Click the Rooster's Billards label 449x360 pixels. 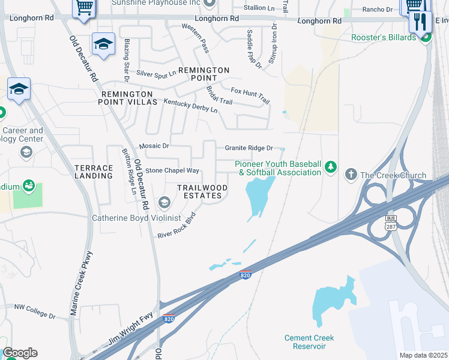tap(384, 38)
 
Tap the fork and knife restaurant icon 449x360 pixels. tap(420, 22)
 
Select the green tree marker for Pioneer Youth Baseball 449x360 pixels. tap(330, 166)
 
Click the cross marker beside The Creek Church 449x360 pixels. tap(351, 175)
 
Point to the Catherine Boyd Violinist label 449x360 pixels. tap(136, 218)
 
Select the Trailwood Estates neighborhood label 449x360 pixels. tap(202, 192)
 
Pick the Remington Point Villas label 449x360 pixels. tap(129, 98)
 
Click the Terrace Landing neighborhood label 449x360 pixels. tap(93, 172)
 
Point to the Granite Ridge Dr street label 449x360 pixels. tap(249, 148)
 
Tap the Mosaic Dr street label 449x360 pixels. tap(154, 146)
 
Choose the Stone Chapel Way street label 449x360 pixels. tap(172, 171)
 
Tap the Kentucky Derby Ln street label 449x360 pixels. tap(191, 107)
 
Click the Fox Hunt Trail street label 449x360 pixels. tap(250, 94)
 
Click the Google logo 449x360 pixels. tap(20, 353)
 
